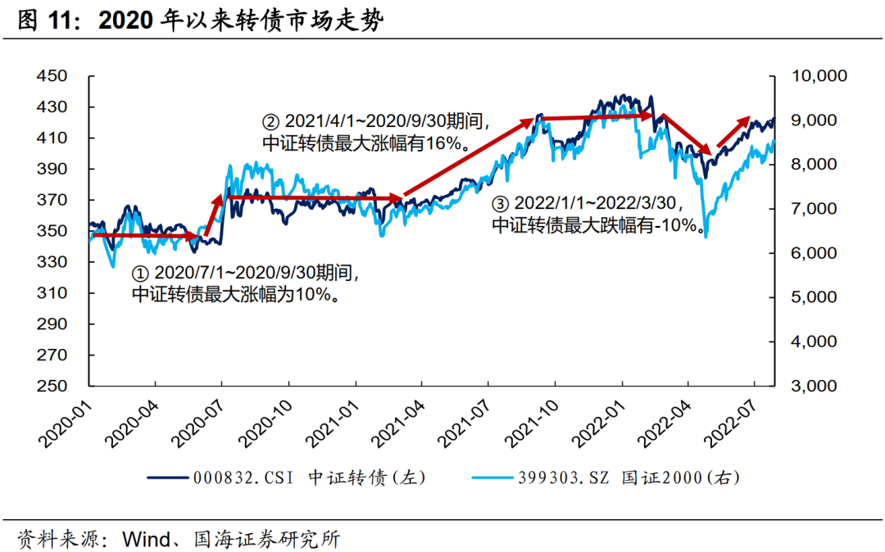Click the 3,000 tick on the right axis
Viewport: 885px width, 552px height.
821,386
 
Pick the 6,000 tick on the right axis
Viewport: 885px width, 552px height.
821,253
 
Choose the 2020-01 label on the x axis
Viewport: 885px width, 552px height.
64,422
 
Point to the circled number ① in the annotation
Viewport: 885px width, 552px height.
139,273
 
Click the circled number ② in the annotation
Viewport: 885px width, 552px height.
270,122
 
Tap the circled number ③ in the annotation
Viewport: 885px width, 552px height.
500,204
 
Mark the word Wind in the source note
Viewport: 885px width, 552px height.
145,540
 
